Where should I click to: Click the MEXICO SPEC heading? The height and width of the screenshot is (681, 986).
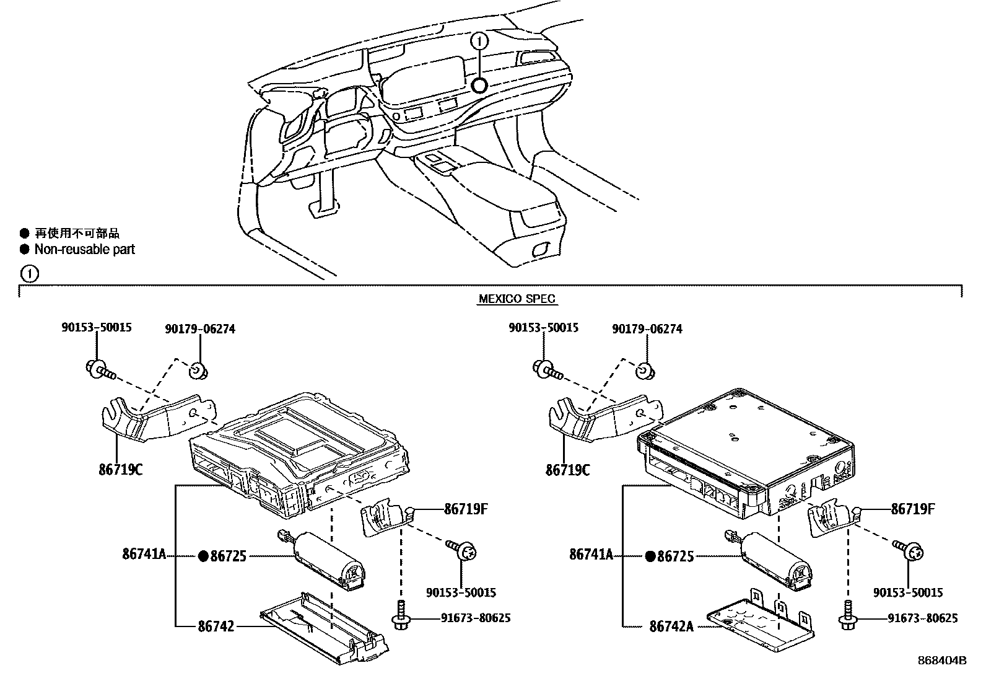[x=517, y=299]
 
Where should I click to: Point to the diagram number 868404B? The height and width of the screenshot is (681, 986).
[x=942, y=661]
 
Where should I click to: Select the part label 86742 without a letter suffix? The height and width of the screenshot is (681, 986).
[x=216, y=626]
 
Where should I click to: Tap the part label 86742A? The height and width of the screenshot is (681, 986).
[x=671, y=626]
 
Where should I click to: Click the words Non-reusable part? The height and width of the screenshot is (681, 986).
[x=84, y=249]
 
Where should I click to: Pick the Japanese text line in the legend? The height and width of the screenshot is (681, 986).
[x=77, y=233]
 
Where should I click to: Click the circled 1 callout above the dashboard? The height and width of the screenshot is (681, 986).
[x=479, y=42]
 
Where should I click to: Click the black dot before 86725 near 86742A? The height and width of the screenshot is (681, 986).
[x=650, y=556]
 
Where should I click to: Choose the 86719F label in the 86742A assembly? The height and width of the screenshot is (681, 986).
[x=912, y=509]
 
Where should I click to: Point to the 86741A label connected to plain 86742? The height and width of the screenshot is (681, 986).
[x=144, y=554]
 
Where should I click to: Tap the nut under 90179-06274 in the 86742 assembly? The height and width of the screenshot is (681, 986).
[x=198, y=371]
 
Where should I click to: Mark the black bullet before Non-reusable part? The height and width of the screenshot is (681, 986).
[x=25, y=249]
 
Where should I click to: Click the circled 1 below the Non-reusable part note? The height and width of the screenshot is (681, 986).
[x=30, y=274]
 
